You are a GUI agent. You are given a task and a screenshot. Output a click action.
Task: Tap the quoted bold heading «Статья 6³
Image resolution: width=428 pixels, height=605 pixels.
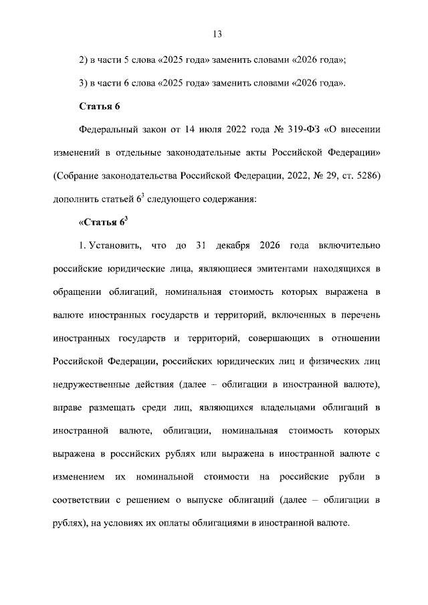point(103,223)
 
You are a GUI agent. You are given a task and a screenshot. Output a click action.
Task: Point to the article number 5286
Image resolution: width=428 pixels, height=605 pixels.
point(365,175)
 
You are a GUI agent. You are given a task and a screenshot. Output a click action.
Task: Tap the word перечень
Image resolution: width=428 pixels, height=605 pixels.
point(360,315)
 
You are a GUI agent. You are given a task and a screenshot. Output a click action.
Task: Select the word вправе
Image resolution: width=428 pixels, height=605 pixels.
point(69,408)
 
